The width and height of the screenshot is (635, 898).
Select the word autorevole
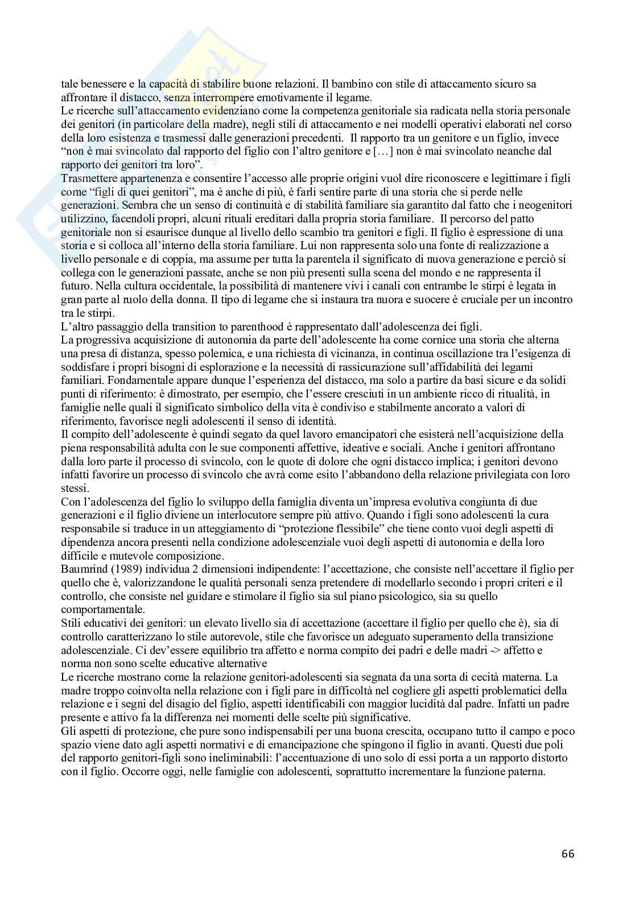pos(213,637)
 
